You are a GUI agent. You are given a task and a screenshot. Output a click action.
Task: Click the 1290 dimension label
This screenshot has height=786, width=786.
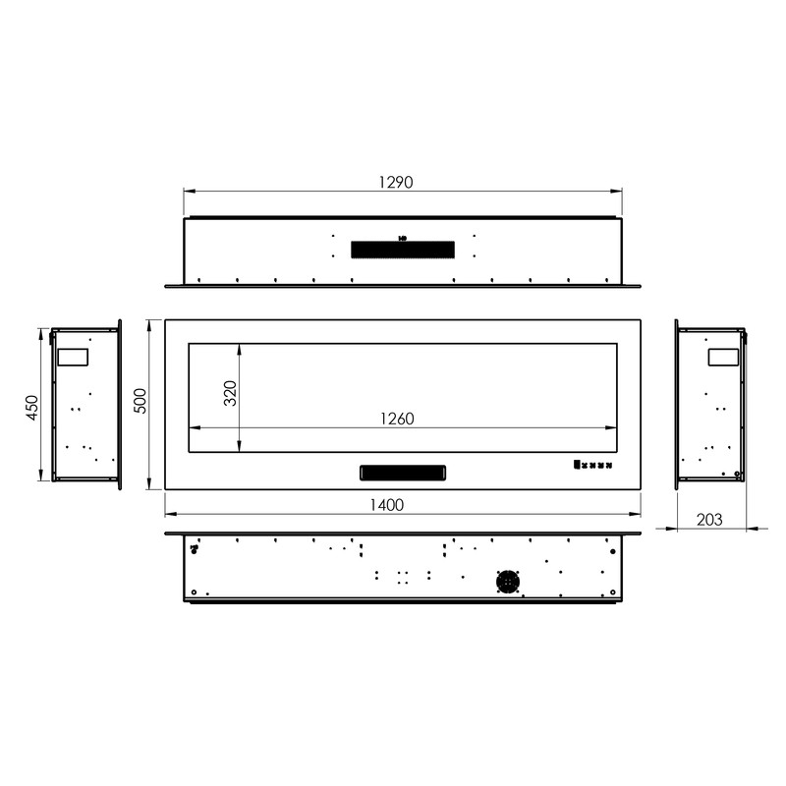tap(396, 182)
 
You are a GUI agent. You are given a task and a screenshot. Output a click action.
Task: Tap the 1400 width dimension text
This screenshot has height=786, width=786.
tap(386, 505)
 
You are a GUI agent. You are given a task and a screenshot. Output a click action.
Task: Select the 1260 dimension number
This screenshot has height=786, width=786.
tap(397, 419)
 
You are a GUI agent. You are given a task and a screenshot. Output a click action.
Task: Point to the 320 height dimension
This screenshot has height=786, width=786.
tap(230, 393)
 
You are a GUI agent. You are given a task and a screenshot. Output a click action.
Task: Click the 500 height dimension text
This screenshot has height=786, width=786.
tap(141, 401)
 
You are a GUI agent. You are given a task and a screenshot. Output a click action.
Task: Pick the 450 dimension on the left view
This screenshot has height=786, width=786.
tap(31, 408)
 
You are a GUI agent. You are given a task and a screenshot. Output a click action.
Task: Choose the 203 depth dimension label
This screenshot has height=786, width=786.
tap(709, 520)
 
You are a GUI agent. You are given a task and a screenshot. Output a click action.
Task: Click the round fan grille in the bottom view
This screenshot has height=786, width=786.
tap(508, 582)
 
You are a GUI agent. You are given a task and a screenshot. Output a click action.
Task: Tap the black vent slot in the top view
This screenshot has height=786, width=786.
tap(403, 250)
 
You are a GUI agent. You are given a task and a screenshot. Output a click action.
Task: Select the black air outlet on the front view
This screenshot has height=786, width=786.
tap(403, 473)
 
